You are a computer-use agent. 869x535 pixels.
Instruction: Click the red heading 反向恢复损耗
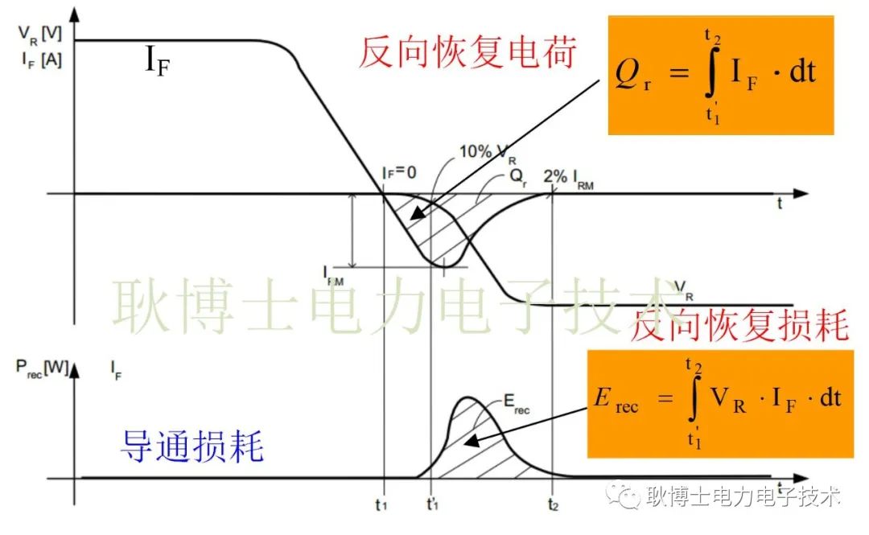pyautogui.click(x=739, y=326)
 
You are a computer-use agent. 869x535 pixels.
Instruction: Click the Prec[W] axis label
pyautogui.click(x=41, y=368)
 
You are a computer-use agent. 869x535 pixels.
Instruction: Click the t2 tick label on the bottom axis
pyautogui.click(x=552, y=508)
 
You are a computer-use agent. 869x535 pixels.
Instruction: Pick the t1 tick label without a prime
pyautogui.click(x=383, y=508)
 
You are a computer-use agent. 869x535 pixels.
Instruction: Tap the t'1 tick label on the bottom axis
pyautogui.click(x=432, y=508)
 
